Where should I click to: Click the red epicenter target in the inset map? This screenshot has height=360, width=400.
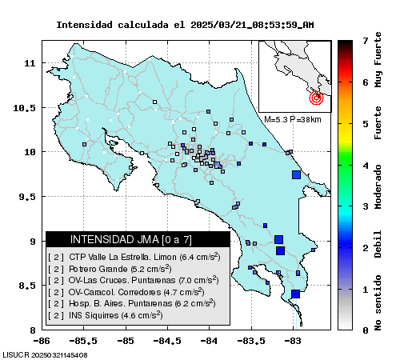pos(316,98)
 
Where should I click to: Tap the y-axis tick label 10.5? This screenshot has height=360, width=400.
pos(24,108)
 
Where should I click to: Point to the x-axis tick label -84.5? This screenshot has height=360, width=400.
pos(167,341)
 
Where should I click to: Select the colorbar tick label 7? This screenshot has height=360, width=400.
pos(366,41)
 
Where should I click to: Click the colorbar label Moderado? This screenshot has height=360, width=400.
pos(378,187)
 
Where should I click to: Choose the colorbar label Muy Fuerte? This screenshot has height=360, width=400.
pos(378,60)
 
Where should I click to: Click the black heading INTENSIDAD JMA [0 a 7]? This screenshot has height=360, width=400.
pos(131,239)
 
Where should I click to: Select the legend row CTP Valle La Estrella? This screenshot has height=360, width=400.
pos(134,257)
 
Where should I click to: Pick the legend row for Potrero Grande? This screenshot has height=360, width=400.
pos(110,269)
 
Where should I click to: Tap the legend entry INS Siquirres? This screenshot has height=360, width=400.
pos(106,315)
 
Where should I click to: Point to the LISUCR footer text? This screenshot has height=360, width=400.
pos(45,355)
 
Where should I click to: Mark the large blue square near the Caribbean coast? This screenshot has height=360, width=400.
pos(296,174)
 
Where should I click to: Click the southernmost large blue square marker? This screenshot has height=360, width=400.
pos(295,294)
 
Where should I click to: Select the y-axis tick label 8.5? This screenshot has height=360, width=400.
pos(27,286)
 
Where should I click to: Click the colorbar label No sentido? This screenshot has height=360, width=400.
pos(378,303)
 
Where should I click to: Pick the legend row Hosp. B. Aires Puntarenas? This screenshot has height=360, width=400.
pos(132,303)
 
